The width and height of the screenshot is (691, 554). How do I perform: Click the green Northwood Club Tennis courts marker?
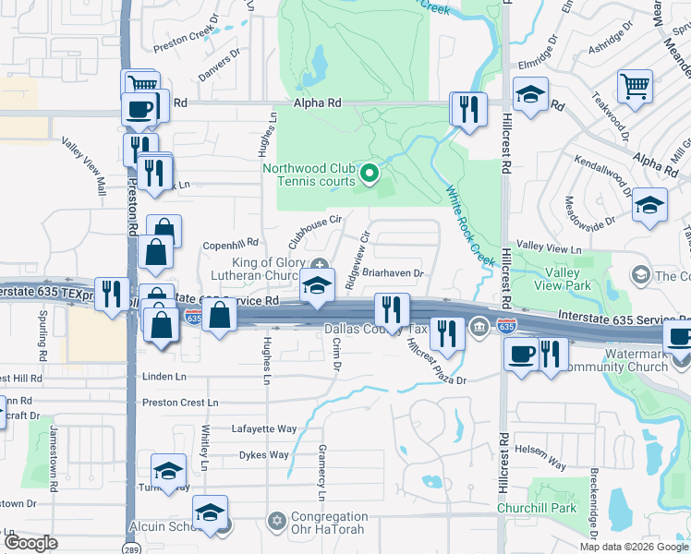coord(370,173)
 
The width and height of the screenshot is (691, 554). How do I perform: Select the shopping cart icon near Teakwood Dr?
coord(636,88)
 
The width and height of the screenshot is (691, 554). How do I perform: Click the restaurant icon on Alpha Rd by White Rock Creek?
coord(467,109)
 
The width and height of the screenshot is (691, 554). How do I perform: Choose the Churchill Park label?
coord(563,508)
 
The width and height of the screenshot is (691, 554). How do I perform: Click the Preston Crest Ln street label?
coord(180,403)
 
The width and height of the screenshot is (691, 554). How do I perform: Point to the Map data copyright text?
coord(634,547)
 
